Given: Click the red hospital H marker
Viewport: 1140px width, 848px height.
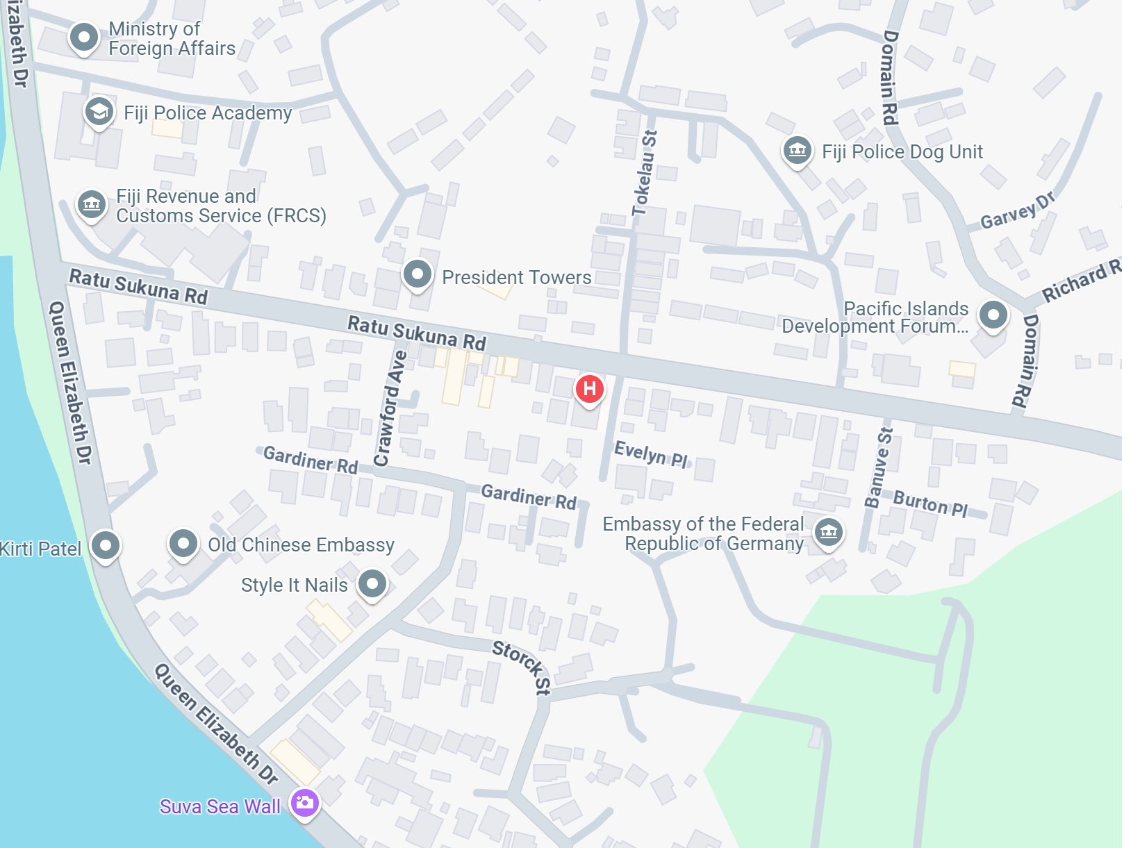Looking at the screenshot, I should coord(589,389).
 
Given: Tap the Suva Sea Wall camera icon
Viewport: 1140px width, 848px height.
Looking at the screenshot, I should coord(304,803).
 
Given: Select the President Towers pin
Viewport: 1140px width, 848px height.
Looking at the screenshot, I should coord(418,274).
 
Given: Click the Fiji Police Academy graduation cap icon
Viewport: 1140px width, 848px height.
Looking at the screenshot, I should coord(99,111).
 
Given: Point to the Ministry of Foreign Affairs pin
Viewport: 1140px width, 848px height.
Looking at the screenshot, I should coord(84,37).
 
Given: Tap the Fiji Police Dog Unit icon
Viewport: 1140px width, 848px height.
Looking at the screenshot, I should coord(798,149).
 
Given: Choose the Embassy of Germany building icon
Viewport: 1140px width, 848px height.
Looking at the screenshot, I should coord(828,533).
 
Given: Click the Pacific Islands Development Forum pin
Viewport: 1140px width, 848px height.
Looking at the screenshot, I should coord(993,315).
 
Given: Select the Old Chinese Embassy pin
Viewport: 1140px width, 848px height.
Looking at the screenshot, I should coord(183,543).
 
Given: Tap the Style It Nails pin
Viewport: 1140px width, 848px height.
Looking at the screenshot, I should coord(372,583).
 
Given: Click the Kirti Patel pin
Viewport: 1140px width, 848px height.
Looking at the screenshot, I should coord(106,545).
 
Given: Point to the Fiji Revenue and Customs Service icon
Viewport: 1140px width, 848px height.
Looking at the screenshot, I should coord(92,204).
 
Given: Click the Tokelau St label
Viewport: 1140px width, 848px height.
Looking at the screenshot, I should coord(644,173).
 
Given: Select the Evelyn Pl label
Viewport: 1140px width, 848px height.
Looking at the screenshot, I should coord(651,454).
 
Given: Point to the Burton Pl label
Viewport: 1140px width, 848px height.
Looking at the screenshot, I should coord(930,503).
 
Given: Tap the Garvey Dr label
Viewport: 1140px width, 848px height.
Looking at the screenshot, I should coord(1017,210).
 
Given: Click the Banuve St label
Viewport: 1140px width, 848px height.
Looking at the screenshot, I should coord(879,467).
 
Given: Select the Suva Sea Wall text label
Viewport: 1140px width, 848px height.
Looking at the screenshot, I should coord(220,806).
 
